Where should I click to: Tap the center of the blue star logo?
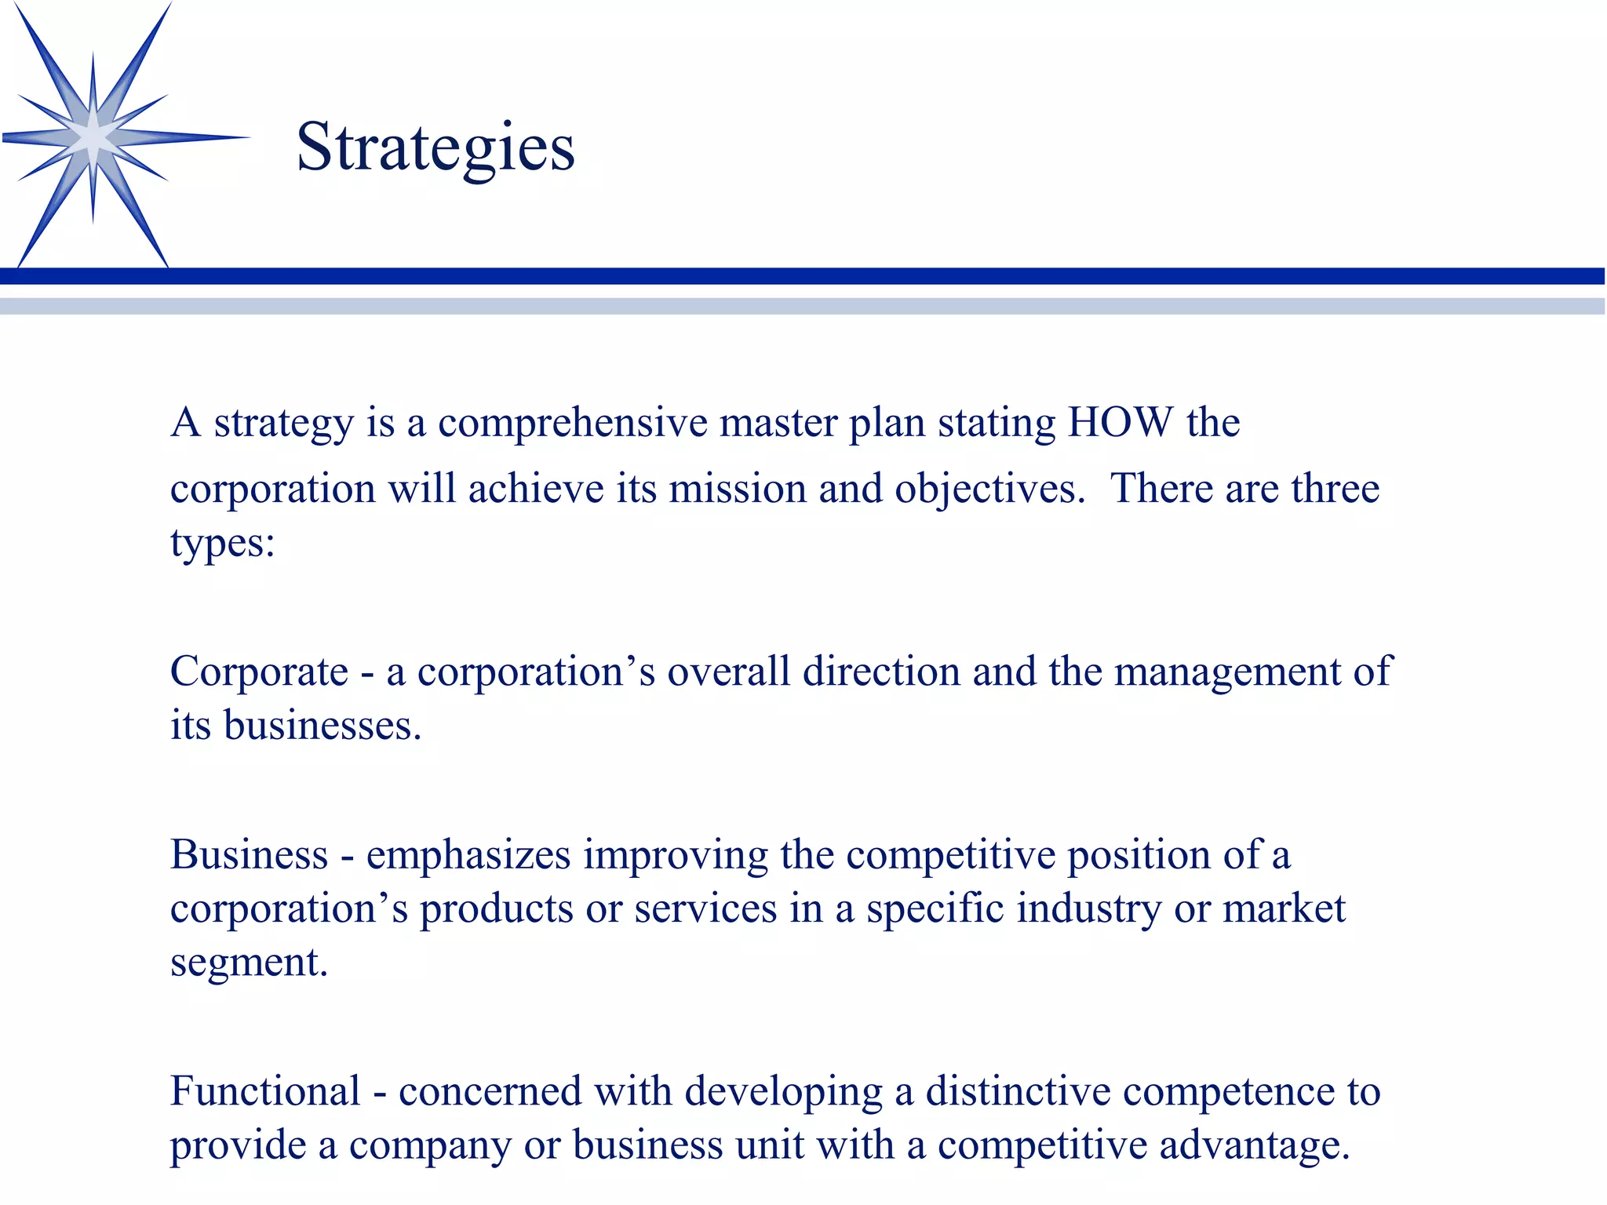(x=93, y=138)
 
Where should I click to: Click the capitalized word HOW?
(x=1121, y=423)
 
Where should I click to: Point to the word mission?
(x=738, y=489)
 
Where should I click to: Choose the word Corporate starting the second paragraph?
(x=260, y=672)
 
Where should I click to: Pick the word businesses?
(x=322, y=726)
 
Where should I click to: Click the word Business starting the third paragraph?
(x=249, y=855)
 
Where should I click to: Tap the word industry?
(x=1089, y=910)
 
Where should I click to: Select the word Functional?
(x=265, y=1092)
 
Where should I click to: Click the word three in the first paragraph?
(x=1335, y=489)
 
